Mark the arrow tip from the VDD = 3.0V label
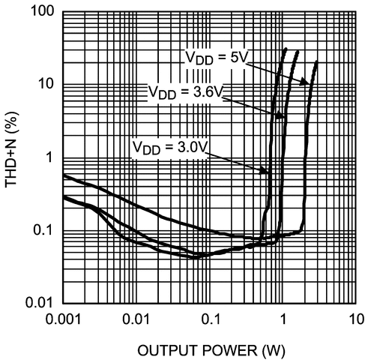point(268,173)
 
